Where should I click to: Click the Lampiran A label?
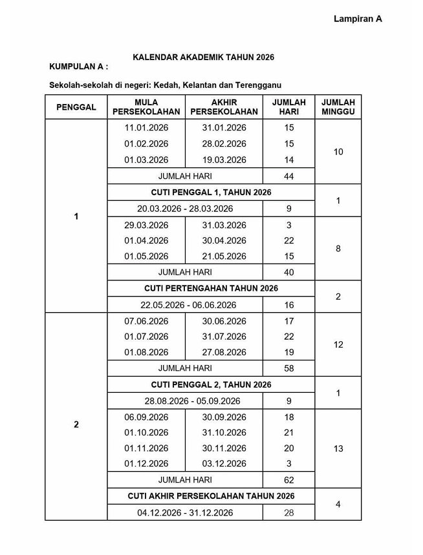[358, 19]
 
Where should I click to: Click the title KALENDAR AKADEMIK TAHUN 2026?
[203, 58]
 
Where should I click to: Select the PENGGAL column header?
[76, 107]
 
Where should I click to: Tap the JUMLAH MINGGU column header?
[338, 107]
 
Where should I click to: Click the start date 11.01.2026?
[146, 128]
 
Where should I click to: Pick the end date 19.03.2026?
[224, 160]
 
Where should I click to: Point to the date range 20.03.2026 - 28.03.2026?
[185, 209]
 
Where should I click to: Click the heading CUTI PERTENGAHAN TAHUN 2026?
[211, 289]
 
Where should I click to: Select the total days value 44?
[288, 176]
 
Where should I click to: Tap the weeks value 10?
[338, 152]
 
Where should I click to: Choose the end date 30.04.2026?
[224, 240]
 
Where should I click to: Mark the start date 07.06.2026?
[146, 321]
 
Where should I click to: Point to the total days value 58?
[288, 368]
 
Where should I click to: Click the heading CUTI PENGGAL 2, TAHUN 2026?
[211, 385]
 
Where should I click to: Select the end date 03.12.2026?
[224, 464]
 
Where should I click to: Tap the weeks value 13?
[338, 448]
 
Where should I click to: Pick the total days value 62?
[288, 480]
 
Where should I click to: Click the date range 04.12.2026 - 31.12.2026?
[185, 513]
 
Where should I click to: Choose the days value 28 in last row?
[288, 513]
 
